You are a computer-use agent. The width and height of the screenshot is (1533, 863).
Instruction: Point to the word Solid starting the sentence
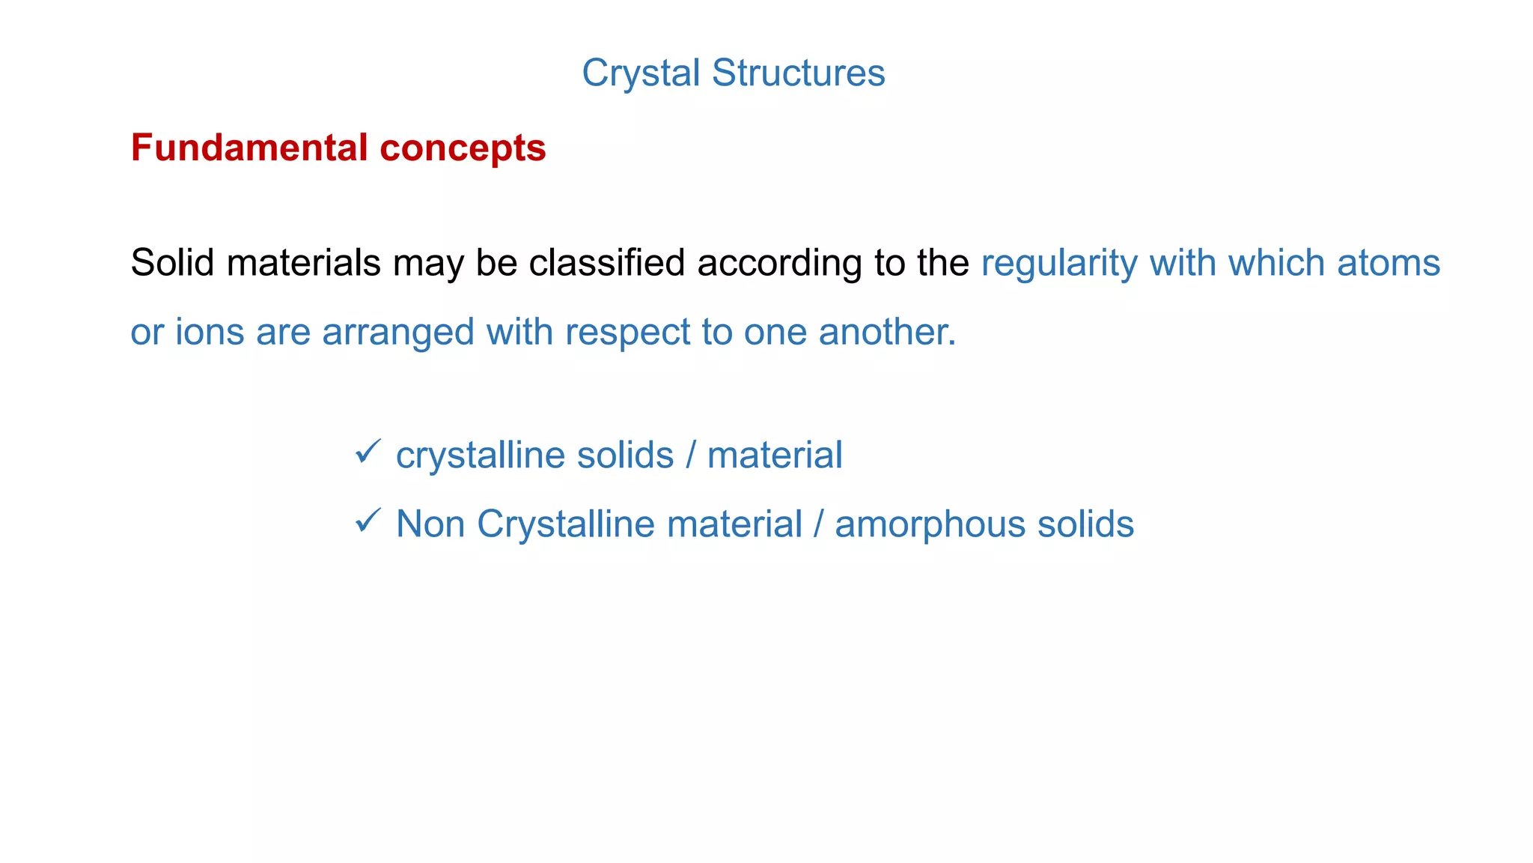coord(172,263)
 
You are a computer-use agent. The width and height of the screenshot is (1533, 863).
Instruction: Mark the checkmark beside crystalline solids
coord(368,452)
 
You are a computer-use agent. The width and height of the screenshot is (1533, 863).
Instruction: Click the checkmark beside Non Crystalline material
coord(368,520)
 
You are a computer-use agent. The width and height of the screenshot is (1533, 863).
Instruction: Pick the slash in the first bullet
coord(690,455)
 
